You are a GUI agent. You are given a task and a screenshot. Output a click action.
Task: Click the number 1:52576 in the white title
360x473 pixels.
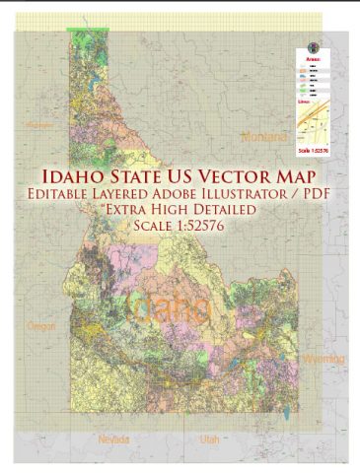point(202,229)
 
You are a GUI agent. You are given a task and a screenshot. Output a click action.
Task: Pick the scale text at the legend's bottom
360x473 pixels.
point(310,148)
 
